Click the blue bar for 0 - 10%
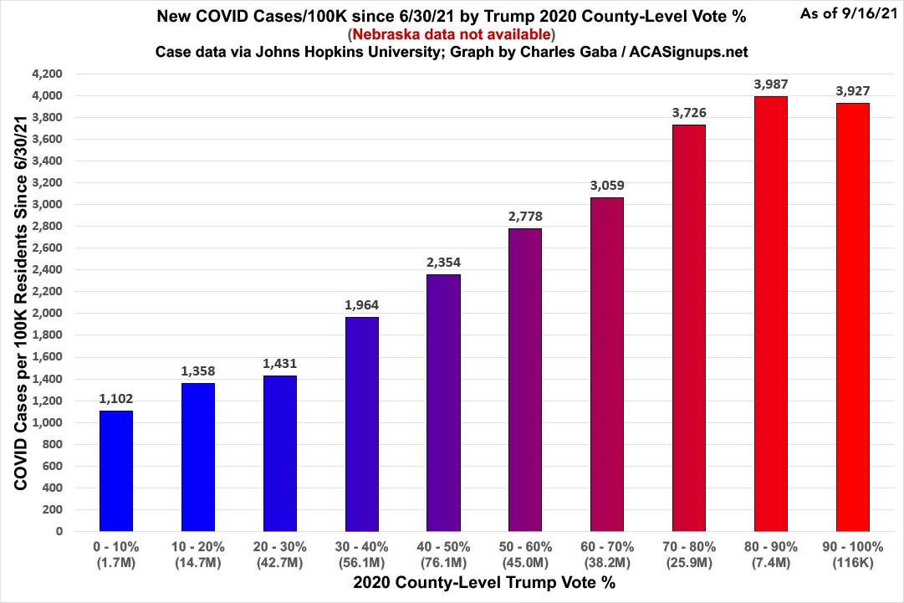click(x=116, y=470)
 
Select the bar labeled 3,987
click(x=770, y=314)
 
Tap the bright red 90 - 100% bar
click(x=852, y=317)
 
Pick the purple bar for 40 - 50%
click(x=443, y=402)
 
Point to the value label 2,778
click(x=525, y=216)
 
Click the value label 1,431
click(x=280, y=363)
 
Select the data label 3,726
click(x=688, y=112)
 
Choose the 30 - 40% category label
click(x=361, y=546)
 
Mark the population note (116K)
click(x=852, y=561)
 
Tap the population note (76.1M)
click(x=443, y=561)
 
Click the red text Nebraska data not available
click(x=452, y=34)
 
